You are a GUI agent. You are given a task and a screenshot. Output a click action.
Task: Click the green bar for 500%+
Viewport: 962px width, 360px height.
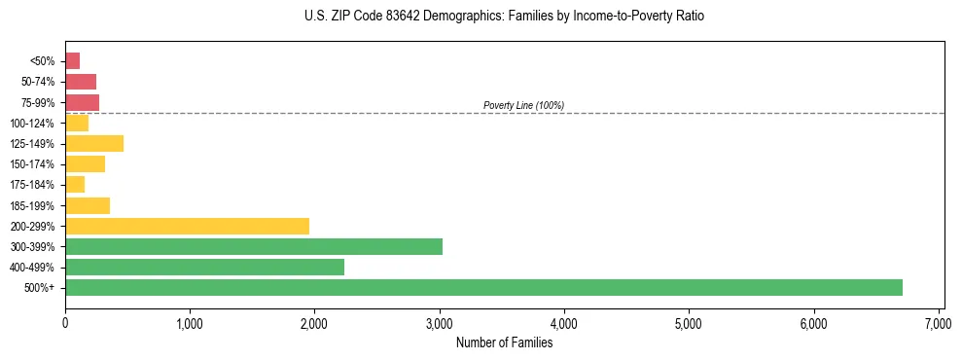click(x=483, y=287)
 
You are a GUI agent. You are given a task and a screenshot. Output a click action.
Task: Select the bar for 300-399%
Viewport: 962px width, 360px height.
click(x=254, y=246)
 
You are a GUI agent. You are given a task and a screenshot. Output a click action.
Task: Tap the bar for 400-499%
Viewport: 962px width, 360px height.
click(x=204, y=267)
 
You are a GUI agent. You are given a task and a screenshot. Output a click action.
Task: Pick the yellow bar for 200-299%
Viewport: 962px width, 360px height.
click(x=187, y=226)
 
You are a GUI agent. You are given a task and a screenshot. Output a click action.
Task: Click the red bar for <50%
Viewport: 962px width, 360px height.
click(x=72, y=61)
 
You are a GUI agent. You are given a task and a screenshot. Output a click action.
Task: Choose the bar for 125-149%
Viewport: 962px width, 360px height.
click(x=94, y=144)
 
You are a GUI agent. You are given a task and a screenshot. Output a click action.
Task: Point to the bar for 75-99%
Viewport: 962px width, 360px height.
click(x=82, y=102)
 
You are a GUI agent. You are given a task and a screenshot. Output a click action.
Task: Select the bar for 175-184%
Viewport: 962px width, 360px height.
click(x=75, y=185)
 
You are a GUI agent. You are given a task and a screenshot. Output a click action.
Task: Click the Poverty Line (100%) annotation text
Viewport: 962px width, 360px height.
click(x=523, y=105)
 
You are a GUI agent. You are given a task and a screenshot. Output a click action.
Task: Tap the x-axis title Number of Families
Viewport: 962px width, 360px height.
click(x=504, y=342)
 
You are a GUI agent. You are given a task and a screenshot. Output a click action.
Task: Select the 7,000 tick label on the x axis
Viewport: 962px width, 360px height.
click(x=938, y=322)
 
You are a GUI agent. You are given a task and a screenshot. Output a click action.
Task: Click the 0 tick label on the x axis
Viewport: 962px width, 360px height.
click(x=65, y=322)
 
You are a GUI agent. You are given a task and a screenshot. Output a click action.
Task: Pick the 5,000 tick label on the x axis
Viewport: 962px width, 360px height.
click(x=688, y=322)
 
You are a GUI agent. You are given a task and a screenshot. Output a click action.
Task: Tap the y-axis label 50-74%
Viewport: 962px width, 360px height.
click(x=39, y=82)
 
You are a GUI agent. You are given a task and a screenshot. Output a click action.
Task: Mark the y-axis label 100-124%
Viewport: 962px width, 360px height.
click(x=36, y=124)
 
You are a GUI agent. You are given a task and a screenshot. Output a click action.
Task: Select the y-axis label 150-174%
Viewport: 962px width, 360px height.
click(x=36, y=164)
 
